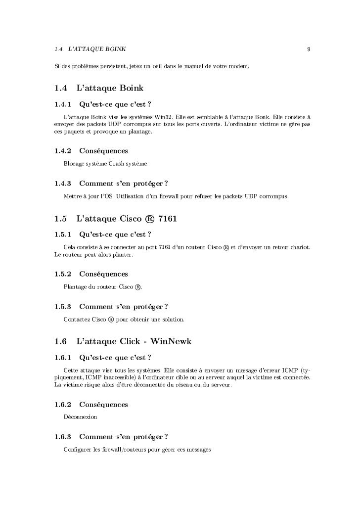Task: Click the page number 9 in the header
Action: point(308,49)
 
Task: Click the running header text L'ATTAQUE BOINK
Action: point(97,49)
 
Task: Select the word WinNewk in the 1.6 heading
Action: point(171,341)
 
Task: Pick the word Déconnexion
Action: point(81,417)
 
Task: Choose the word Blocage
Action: point(74,163)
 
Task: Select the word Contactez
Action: point(77,320)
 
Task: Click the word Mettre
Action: point(73,197)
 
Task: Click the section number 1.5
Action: point(60,219)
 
